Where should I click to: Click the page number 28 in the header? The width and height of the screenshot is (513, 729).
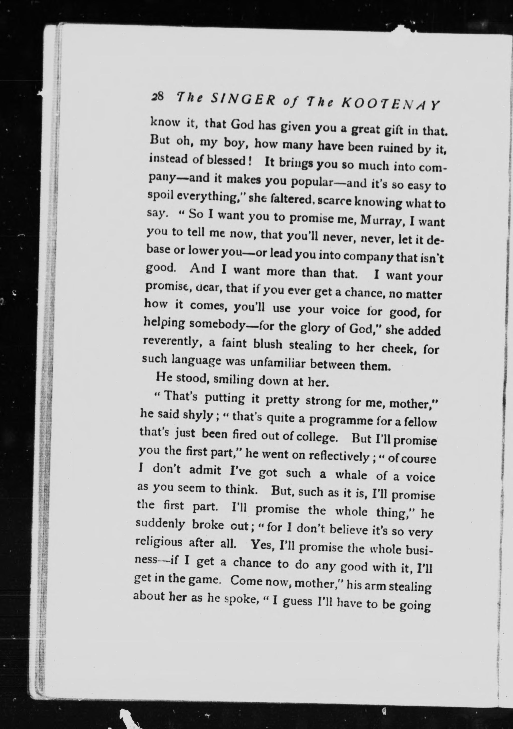158,96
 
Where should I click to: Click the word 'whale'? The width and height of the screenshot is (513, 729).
351,475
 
